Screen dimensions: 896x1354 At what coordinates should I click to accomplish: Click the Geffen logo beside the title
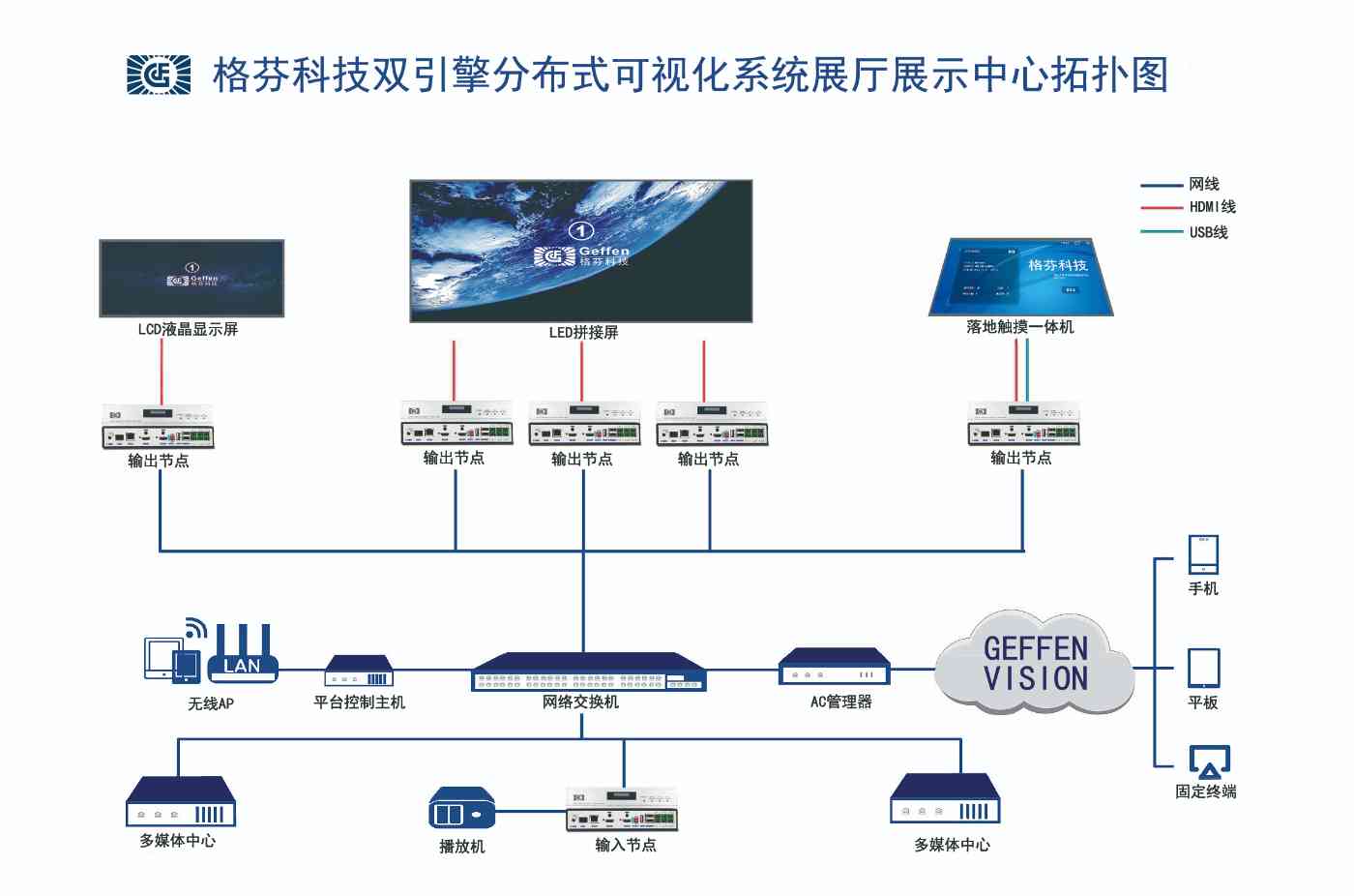(x=159, y=75)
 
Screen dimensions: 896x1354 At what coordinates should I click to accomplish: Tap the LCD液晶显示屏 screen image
(x=191, y=279)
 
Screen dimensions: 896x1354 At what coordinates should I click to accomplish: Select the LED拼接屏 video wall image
(x=581, y=251)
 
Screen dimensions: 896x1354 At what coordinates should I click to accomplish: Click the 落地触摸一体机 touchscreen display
(x=1020, y=278)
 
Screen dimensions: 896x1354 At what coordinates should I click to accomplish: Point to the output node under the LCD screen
(x=158, y=427)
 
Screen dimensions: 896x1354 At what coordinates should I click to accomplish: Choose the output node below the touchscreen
(x=1023, y=424)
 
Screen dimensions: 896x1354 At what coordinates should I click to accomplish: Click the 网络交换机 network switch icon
(x=588, y=672)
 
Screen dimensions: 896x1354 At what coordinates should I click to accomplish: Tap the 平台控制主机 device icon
(x=359, y=671)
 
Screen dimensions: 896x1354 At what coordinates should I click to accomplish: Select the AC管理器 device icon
(x=834, y=667)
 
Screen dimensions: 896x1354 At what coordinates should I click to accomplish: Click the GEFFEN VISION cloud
(x=1035, y=664)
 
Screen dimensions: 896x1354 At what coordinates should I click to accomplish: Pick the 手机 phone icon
(x=1203, y=555)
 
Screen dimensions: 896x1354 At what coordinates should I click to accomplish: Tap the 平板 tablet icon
(x=1203, y=668)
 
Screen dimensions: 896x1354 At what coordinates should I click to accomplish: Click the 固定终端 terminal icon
(x=1209, y=762)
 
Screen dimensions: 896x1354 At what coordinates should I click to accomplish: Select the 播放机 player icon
(x=461, y=808)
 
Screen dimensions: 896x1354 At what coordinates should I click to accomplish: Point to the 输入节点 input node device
(x=622, y=810)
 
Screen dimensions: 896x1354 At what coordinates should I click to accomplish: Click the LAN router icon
(x=243, y=653)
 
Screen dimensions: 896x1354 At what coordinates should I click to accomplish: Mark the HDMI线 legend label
(x=1212, y=207)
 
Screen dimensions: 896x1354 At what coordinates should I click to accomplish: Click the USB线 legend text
(x=1208, y=232)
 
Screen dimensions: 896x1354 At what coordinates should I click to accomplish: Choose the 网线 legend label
(x=1204, y=184)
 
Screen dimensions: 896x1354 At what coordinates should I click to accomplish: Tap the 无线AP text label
(x=211, y=703)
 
